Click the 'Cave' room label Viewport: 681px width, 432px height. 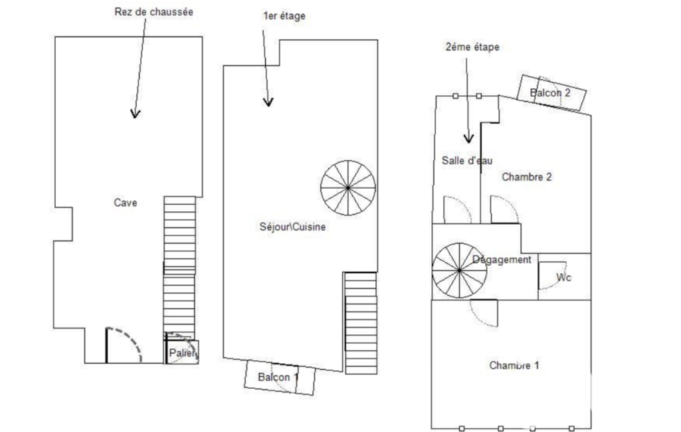(126, 203)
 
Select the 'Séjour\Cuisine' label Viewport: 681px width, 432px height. (292, 227)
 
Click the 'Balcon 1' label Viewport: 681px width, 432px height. (278, 377)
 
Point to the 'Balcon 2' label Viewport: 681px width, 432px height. (550, 92)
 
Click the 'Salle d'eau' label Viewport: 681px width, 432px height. (467, 160)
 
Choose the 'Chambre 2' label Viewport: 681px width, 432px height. (526, 177)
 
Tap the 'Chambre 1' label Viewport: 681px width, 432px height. (514, 366)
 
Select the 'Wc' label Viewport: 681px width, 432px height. (564, 277)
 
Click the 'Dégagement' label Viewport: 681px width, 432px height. (502, 260)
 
